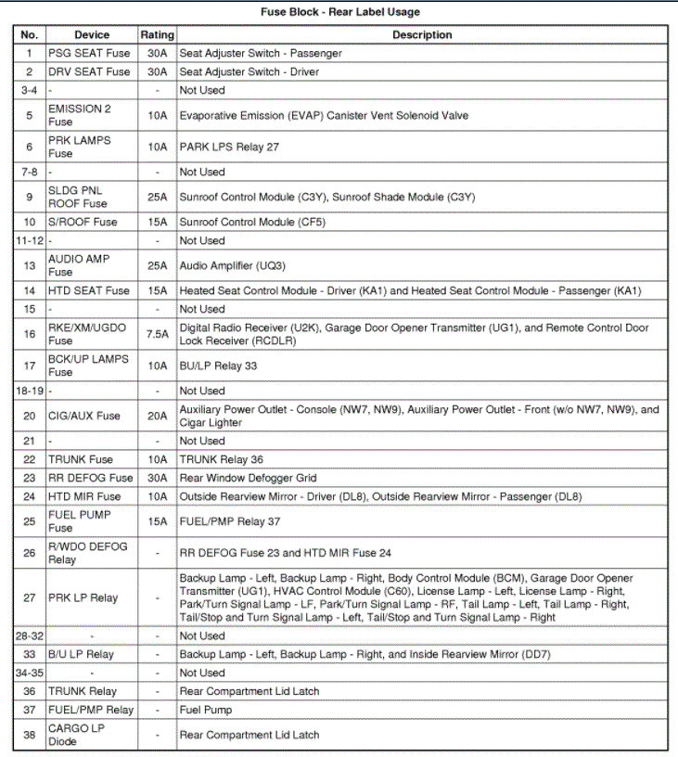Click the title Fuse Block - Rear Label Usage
pos(339,12)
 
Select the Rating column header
pos(157,34)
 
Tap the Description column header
pos(422,34)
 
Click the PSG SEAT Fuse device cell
pos(89,53)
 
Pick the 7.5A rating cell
pos(157,334)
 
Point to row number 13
pos(29,265)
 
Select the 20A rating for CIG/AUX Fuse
pos(157,416)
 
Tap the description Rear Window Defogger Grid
pos(248,478)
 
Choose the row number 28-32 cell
pos(29,635)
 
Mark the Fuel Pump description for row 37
pos(206,710)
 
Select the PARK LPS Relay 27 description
pos(229,147)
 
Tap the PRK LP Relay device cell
pos(83,597)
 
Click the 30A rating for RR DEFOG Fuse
pos(157,478)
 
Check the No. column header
pos(29,34)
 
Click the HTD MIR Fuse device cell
pos(85,496)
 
